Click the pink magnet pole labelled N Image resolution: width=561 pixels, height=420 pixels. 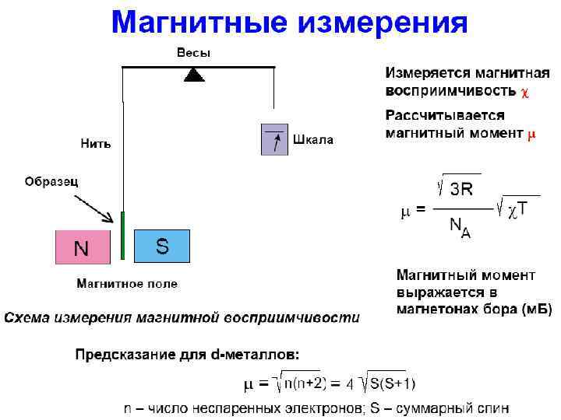[x=82, y=248]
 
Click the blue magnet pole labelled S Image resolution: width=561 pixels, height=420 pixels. [x=162, y=246]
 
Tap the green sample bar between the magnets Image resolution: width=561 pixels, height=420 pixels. [x=122, y=234]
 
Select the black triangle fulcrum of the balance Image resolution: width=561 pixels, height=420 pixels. [x=194, y=75]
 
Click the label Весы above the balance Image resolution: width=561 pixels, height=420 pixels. [x=193, y=53]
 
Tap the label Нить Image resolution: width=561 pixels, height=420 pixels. [x=96, y=144]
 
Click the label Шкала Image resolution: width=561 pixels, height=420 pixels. [x=313, y=140]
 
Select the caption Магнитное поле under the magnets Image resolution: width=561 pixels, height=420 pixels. [x=126, y=284]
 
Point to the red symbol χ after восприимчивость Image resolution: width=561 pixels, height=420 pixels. [x=525, y=91]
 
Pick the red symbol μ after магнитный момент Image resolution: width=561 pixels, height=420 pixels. [x=531, y=133]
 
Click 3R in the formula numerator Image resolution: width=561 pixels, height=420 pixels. [x=462, y=189]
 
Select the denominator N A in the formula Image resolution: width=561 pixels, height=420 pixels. [x=460, y=228]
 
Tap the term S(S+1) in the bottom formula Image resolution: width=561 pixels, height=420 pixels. [x=392, y=383]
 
